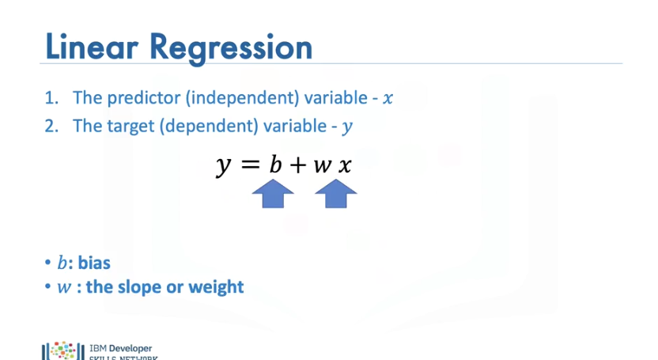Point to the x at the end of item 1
tap(387, 99)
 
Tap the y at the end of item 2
tap(346, 127)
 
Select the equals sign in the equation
tap(250, 165)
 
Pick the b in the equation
tap(274, 165)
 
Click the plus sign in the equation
tap(299, 165)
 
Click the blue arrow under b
tap(273, 194)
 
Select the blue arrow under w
tap(341, 194)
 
